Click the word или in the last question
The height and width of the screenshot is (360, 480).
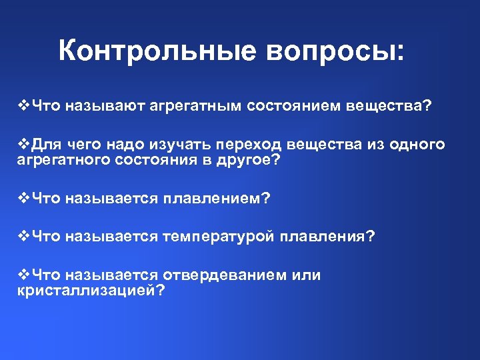click(306, 275)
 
